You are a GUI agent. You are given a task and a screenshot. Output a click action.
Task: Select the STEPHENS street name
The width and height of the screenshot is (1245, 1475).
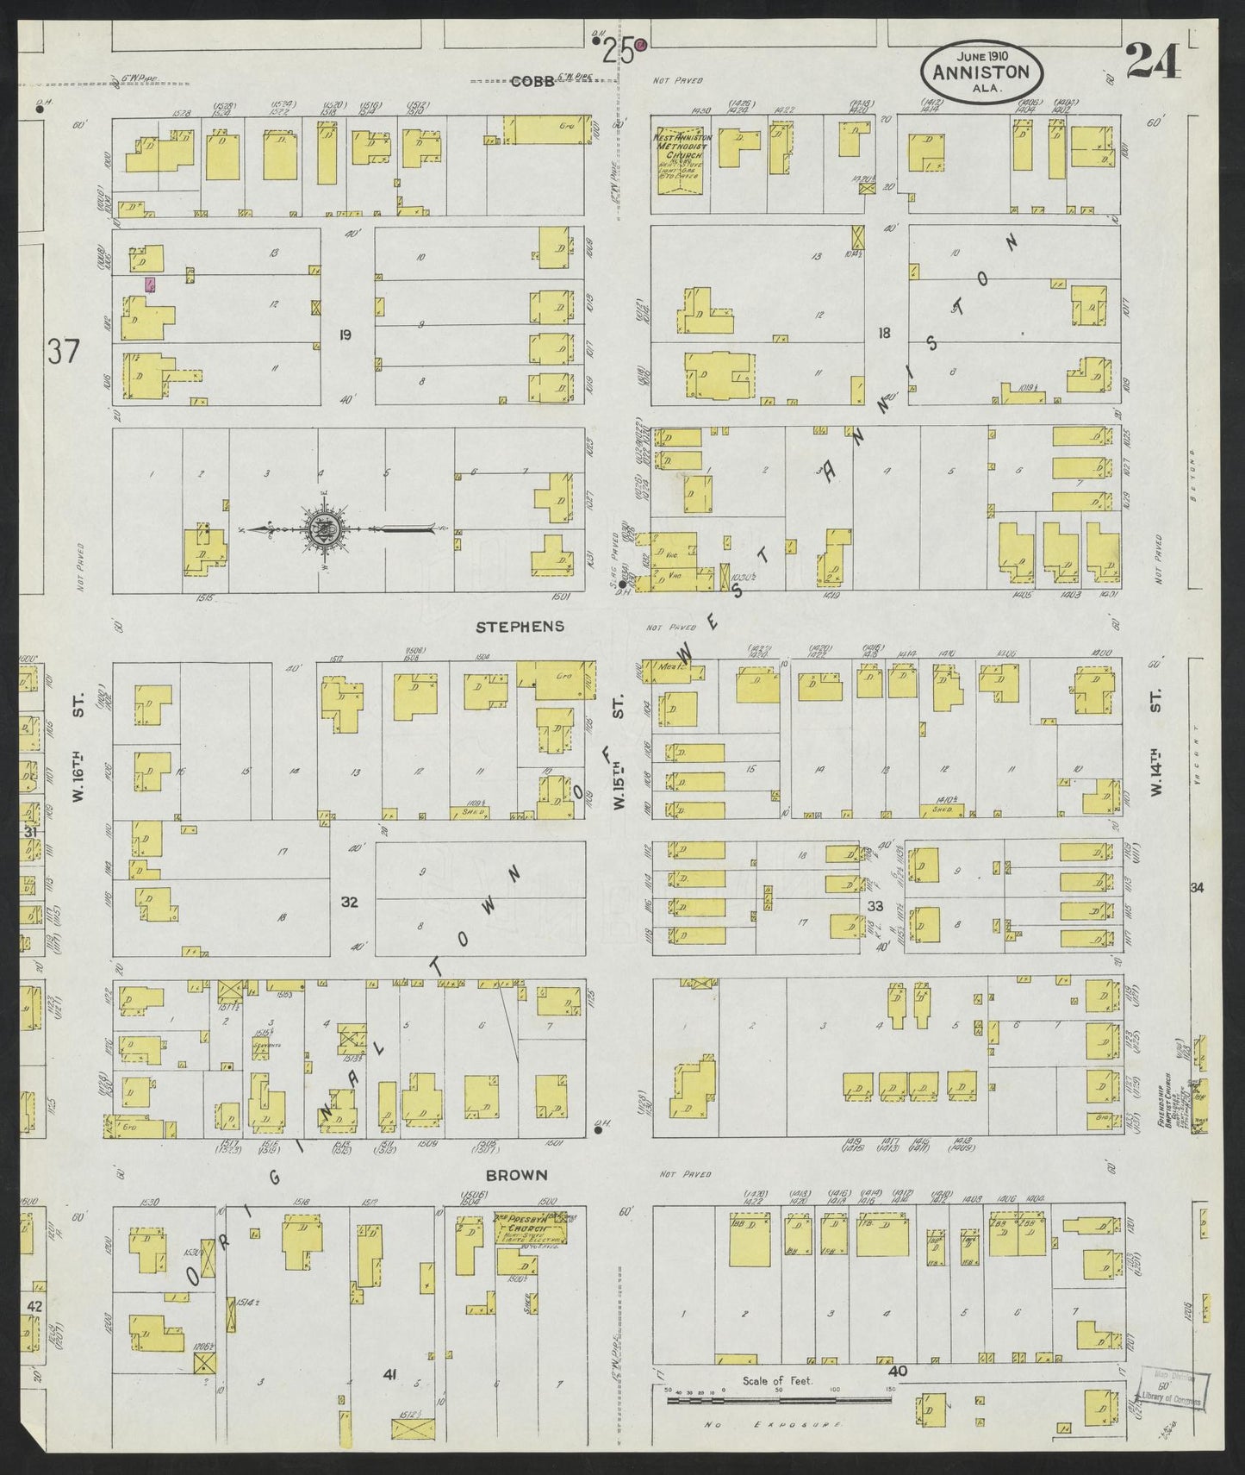coord(520,626)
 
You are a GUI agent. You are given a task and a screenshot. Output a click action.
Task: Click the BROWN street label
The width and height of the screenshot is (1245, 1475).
coord(516,1174)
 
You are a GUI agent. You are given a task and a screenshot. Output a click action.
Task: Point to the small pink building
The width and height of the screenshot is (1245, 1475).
coord(151,285)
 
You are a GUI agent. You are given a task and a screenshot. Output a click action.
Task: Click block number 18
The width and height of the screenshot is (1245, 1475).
coord(883,332)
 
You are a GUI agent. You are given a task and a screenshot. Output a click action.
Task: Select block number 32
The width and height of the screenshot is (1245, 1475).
coord(349,903)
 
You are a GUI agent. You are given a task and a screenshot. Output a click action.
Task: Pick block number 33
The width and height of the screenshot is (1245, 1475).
coord(875,905)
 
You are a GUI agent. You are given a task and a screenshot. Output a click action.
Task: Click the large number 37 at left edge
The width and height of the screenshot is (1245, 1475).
coord(65,353)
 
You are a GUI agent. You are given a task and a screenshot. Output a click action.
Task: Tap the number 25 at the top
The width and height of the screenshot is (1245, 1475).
coord(619,53)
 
